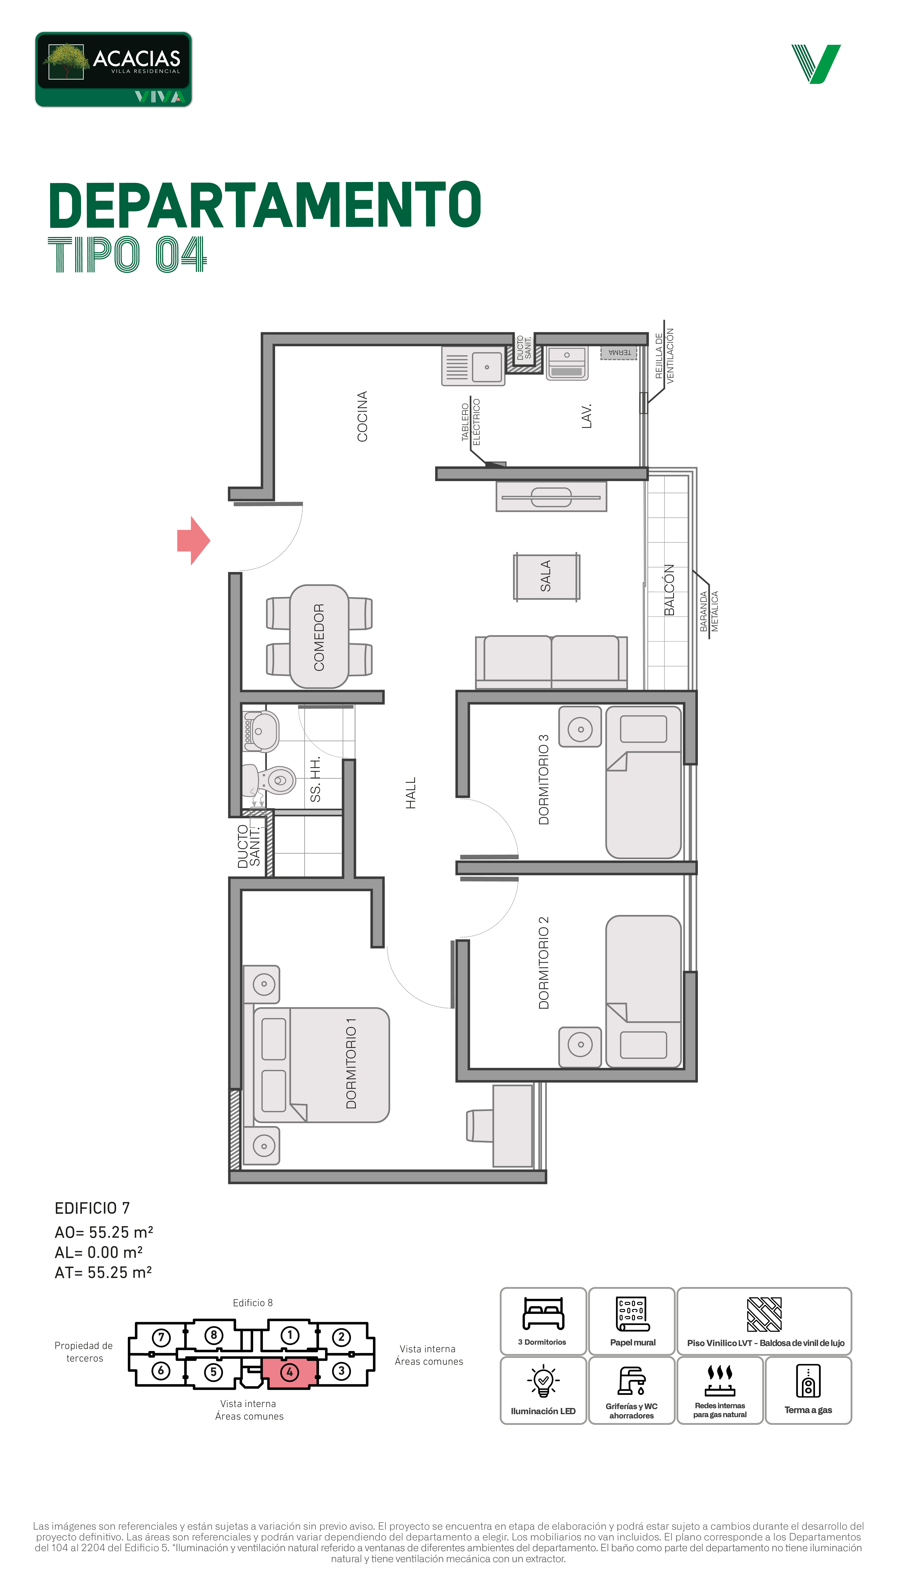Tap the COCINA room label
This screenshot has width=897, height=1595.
(362, 416)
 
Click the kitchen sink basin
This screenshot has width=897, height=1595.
(487, 367)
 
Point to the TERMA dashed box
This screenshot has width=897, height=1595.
(618, 353)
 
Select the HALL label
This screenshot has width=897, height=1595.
(410, 793)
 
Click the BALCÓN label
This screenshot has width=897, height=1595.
(669, 590)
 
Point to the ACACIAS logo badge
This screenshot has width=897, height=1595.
(114, 69)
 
